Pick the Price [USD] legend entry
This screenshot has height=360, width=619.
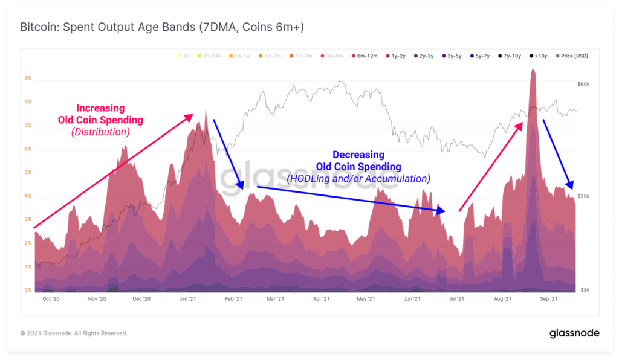click(571, 56)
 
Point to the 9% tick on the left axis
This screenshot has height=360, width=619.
click(28, 79)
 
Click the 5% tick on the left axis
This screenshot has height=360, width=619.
click(28, 173)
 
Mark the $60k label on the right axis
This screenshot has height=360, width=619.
click(585, 85)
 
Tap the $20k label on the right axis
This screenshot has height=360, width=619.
click(585, 196)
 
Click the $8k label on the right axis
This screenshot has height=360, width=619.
click(585, 290)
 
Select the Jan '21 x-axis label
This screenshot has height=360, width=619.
click(187, 299)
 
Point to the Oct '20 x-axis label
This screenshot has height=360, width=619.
click(51, 299)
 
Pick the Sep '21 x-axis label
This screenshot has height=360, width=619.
click(548, 299)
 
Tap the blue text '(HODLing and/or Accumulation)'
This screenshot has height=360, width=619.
click(358, 179)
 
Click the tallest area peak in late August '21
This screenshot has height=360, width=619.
click(533, 71)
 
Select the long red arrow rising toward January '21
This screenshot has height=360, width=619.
click(113, 172)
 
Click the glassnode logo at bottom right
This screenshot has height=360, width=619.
click(574, 333)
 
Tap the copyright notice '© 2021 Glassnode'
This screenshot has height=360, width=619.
click(74, 333)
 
